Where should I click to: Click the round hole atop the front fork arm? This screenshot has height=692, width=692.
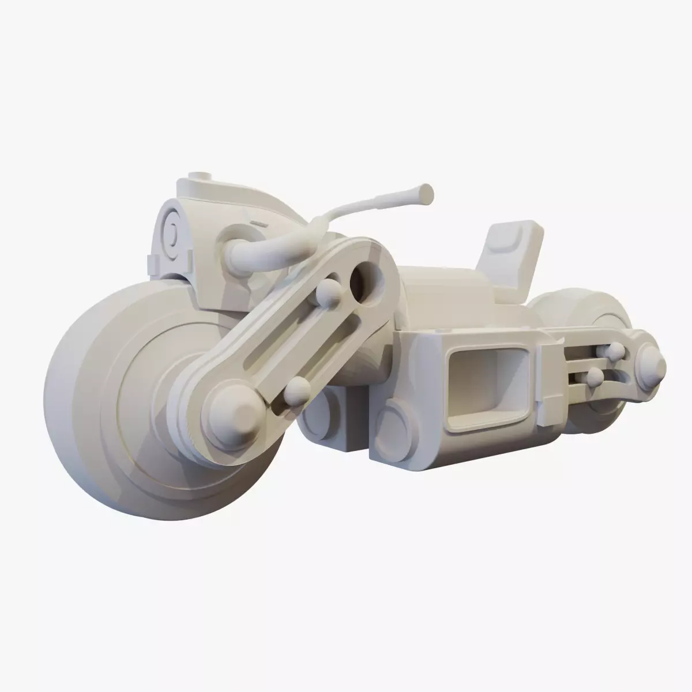click(x=364, y=281)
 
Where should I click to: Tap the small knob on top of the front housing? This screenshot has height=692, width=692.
click(x=201, y=175)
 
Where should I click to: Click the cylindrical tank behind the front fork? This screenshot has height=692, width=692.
click(x=444, y=294)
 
